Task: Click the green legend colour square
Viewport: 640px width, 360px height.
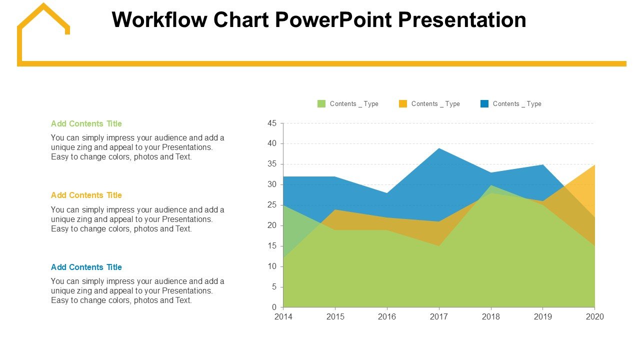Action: pos(321,104)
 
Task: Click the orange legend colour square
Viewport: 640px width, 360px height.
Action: pos(403,104)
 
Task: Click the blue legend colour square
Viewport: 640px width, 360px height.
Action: pos(484,104)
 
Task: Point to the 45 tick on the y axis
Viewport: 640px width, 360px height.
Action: pos(272,123)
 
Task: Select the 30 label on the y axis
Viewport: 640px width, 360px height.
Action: pos(272,184)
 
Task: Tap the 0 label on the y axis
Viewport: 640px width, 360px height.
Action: pos(274,307)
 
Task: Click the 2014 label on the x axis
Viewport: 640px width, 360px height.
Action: pos(283,317)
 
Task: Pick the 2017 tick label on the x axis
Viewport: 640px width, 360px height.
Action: pos(439,317)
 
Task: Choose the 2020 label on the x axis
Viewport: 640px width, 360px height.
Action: pos(595,317)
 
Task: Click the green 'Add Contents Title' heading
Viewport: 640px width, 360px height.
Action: pos(86,123)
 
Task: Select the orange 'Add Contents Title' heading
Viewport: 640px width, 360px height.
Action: pos(86,195)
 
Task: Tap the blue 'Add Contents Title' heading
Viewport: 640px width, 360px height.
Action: pos(86,267)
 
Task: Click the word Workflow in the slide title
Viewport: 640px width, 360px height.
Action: pos(159,20)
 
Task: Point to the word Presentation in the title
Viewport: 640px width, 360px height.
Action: pos(462,20)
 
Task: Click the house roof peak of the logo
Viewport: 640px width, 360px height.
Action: pos(43,5)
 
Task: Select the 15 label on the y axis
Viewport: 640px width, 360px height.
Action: pos(272,246)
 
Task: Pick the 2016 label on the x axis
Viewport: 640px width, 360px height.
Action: pos(387,317)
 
